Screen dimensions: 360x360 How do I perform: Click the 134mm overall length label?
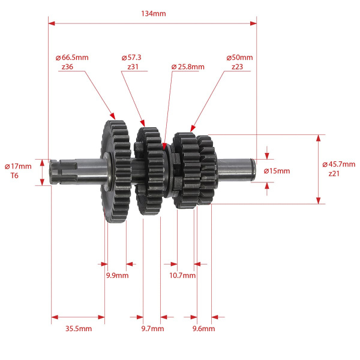(x=152, y=13)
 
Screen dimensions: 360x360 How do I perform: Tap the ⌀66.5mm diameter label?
(x=71, y=58)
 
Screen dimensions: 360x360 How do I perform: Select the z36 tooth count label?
(x=67, y=67)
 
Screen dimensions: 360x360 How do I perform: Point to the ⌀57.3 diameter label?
(x=131, y=58)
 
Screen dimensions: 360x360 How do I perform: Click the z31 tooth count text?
(x=133, y=67)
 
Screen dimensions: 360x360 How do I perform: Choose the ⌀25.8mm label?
(x=188, y=67)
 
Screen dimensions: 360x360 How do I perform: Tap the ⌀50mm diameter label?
(x=239, y=58)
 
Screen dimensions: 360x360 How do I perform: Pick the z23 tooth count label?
(x=238, y=67)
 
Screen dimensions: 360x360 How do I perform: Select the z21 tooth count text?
(x=334, y=173)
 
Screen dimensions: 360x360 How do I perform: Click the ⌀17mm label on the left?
(x=17, y=166)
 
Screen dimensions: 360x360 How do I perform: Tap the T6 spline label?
(x=14, y=175)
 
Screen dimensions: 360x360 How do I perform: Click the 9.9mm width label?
(x=117, y=276)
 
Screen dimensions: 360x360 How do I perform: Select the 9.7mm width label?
(x=152, y=329)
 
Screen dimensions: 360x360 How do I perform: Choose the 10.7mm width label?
(x=183, y=276)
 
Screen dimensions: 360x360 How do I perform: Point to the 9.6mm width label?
(x=203, y=329)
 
